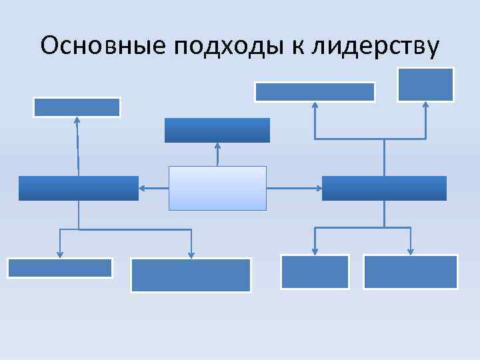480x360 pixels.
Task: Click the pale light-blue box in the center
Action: pos(217,188)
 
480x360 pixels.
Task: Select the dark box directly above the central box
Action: pos(217,130)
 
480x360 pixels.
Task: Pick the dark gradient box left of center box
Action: pos(78,188)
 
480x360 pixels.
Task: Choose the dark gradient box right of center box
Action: pos(384,188)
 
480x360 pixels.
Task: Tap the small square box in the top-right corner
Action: pos(425,85)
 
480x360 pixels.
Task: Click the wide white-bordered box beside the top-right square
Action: pos(315,91)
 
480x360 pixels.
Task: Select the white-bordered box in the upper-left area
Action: pos(77,107)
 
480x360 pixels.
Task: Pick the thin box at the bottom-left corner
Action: pos(60,267)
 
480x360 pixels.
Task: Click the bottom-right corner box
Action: pos(410,272)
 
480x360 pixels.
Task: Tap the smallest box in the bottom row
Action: pos(315,272)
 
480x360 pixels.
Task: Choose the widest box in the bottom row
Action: pos(191,275)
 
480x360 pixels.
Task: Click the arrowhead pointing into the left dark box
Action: pos(142,189)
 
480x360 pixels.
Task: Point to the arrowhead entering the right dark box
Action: pos(318,189)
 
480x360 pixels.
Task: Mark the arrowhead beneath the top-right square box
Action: pos(425,105)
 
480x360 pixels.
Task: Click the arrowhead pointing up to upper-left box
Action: pos(77,121)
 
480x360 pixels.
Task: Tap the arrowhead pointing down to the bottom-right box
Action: pos(410,251)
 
